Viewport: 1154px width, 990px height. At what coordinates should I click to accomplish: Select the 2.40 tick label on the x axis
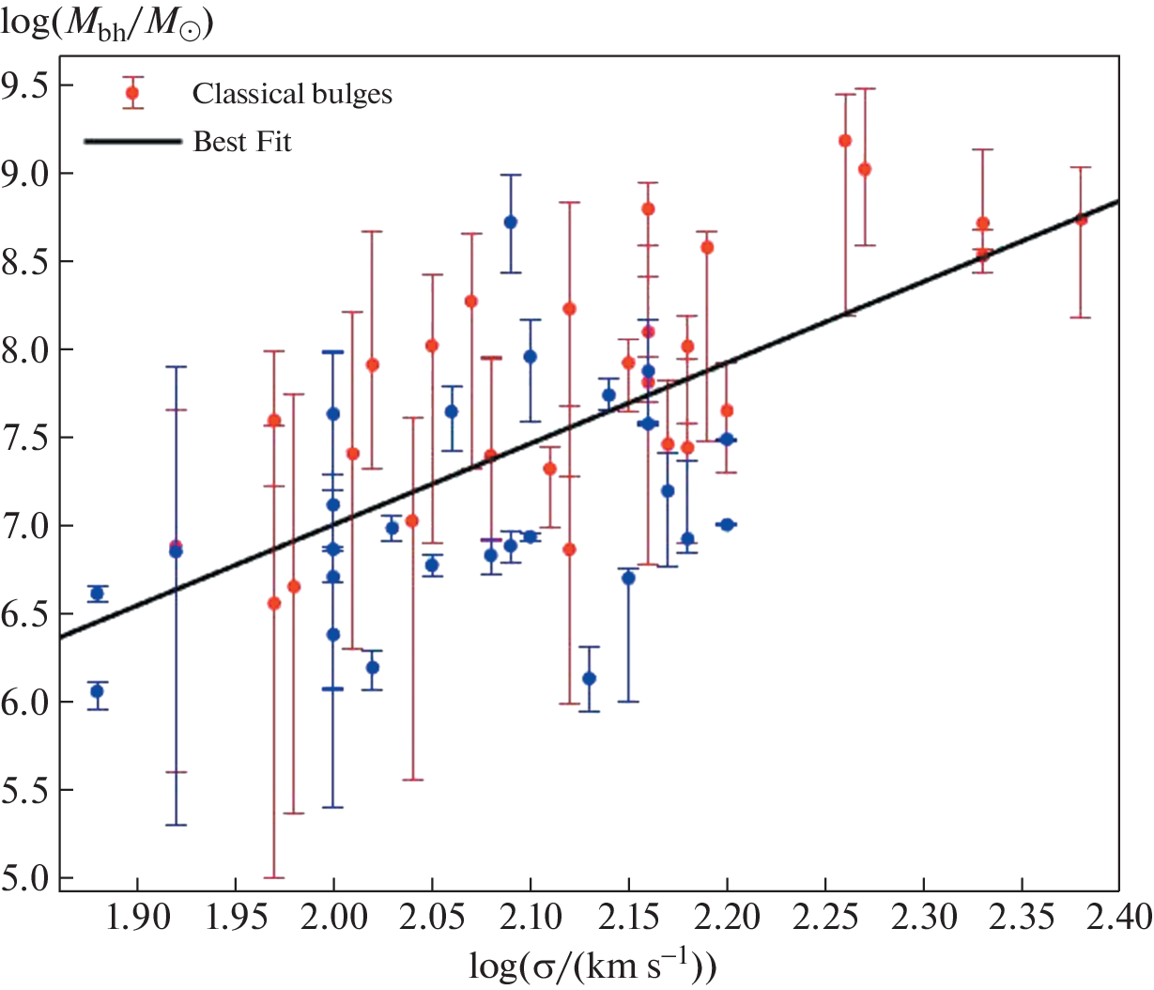(x=1118, y=917)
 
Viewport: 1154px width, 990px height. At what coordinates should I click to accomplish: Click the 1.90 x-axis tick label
(x=137, y=917)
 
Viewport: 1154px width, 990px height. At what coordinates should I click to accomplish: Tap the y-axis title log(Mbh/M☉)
(x=107, y=22)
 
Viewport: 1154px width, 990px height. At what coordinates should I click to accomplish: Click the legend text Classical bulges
(x=292, y=94)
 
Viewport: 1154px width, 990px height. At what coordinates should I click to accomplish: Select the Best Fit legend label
(x=242, y=142)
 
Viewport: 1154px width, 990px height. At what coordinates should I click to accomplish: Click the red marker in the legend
(x=132, y=93)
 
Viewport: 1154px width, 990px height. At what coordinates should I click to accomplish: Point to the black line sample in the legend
(x=132, y=142)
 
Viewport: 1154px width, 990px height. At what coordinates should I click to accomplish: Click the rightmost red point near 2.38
(x=1081, y=219)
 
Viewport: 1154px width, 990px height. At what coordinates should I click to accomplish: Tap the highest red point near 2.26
(x=845, y=141)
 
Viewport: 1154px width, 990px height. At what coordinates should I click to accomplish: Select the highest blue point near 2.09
(x=511, y=223)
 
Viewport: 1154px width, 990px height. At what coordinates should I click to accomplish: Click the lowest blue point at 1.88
(x=97, y=691)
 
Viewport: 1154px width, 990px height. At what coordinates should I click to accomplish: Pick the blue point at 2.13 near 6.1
(x=590, y=678)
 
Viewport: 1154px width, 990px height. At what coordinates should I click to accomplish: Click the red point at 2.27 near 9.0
(x=865, y=169)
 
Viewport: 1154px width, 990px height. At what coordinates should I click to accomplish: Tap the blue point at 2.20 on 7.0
(x=727, y=524)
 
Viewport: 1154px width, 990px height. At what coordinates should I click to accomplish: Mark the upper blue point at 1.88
(x=97, y=593)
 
